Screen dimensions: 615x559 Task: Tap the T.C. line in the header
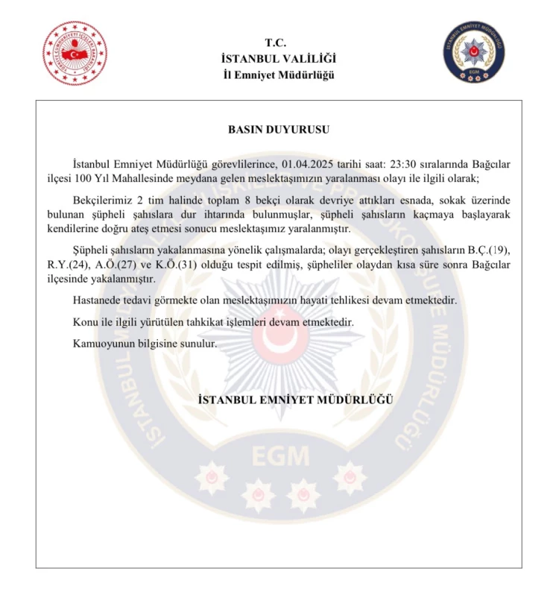tap(279, 42)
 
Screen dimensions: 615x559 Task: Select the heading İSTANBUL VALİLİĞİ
tap(279, 58)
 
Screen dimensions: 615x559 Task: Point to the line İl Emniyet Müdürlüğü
tap(279, 75)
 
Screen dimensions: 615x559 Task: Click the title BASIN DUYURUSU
tap(279, 129)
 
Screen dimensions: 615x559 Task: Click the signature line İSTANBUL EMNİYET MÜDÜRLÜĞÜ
tap(295, 400)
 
